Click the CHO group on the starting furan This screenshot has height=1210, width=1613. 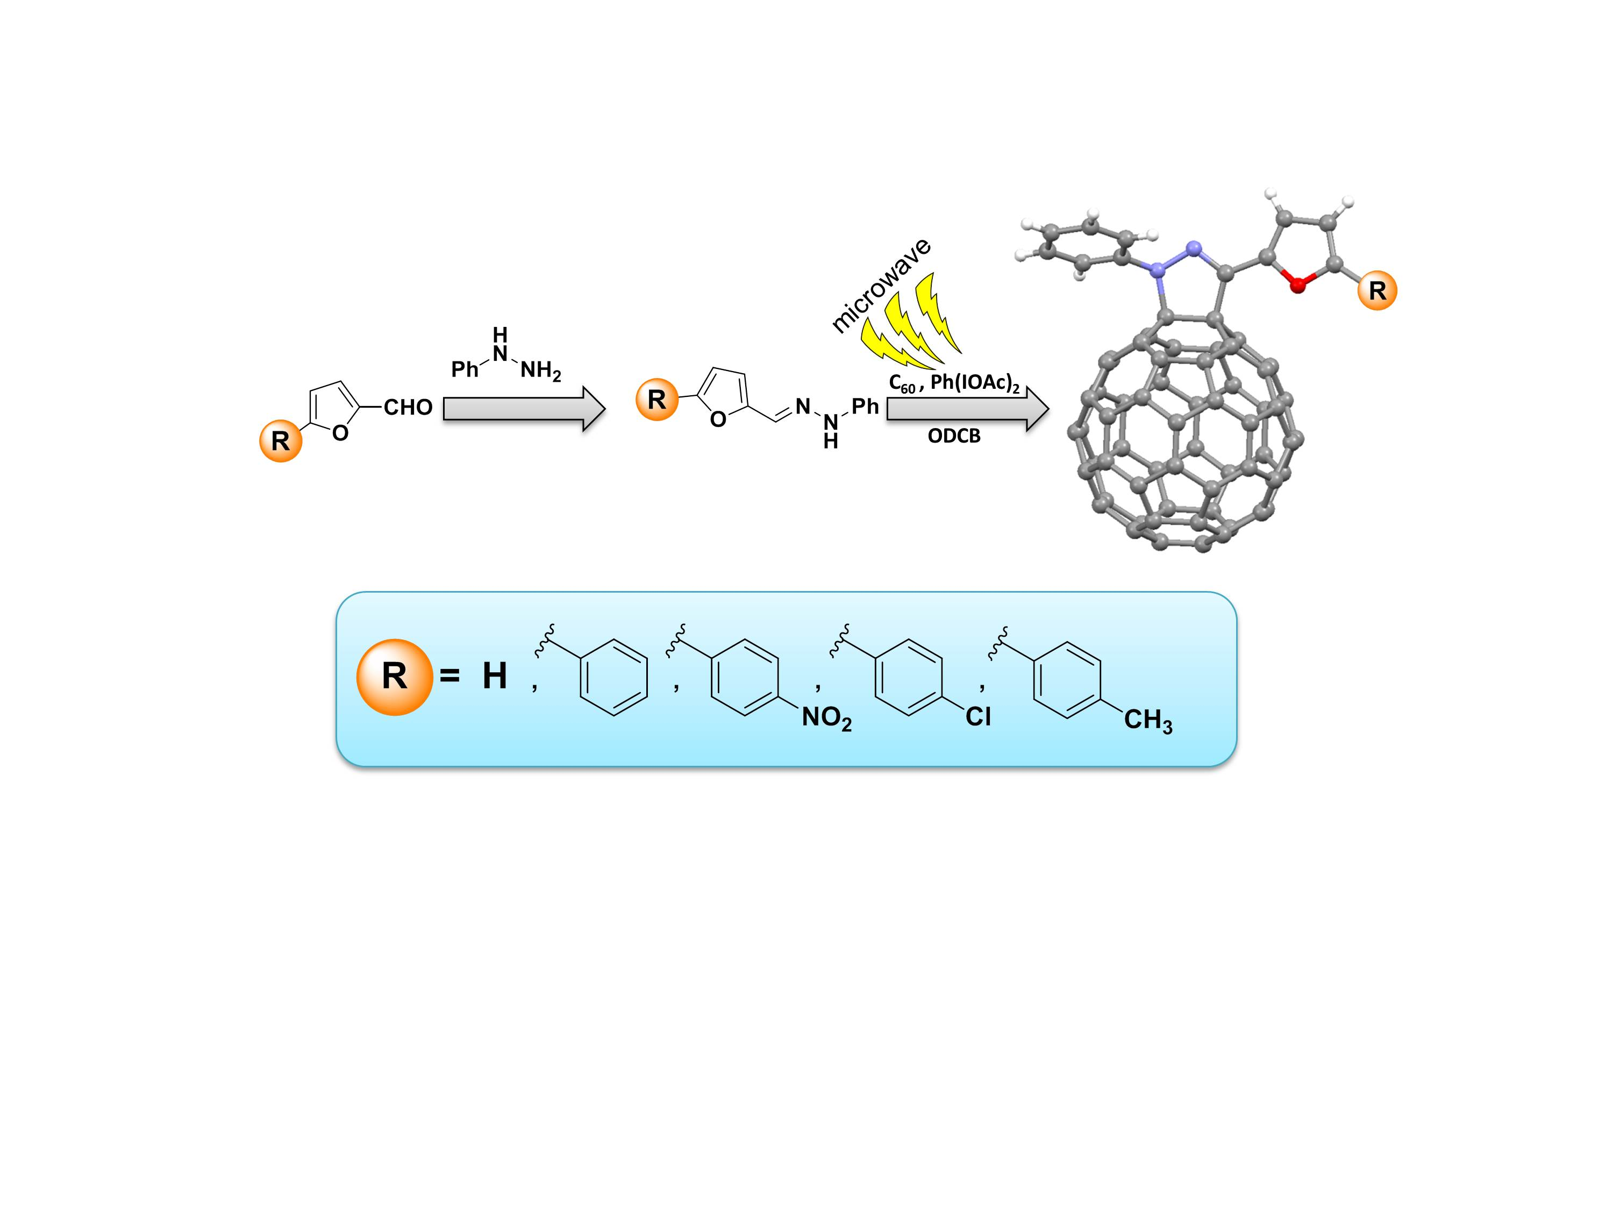(x=408, y=407)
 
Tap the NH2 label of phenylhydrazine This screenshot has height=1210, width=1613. (x=540, y=371)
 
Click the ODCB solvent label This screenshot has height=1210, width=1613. (x=954, y=436)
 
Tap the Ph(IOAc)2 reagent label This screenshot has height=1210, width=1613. (x=975, y=383)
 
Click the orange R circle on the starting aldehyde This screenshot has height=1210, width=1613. (x=281, y=440)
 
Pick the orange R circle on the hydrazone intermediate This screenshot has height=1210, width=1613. (x=657, y=400)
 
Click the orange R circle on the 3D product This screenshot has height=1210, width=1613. (x=1377, y=290)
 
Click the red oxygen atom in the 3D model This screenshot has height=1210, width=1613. (x=1297, y=285)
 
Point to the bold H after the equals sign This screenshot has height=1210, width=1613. (x=495, y=676)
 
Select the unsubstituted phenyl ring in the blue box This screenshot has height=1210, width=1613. (x=613, y=678)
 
